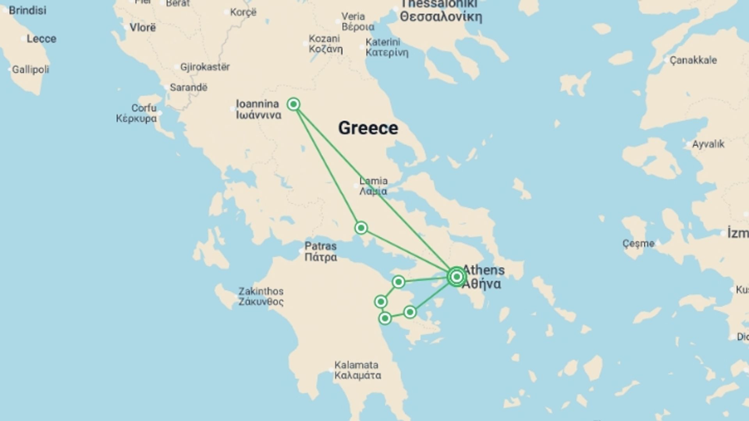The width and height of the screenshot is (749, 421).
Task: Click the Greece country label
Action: pos(368,128)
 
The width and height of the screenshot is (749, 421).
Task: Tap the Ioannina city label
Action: pos(258,109)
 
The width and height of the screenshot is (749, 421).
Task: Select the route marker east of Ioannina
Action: pos(293,104)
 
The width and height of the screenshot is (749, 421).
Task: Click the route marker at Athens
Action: pos(456,277)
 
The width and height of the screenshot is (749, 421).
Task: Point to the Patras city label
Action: pos(320,251)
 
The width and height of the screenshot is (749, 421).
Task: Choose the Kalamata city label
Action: pos(357,370)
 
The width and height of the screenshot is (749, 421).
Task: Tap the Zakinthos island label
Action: pos(261,296)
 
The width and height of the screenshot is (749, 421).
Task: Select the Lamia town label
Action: pos(373,186)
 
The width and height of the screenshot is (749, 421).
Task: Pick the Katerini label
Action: pos(386,47)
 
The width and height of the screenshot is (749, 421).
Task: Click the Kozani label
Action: pos(325,44)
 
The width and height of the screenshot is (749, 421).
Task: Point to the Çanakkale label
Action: pos(693,60)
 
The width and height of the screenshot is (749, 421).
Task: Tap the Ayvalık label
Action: pos(708,144)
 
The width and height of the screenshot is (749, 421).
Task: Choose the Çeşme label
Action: pos(638,244)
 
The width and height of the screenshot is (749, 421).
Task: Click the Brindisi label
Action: pos(27,11)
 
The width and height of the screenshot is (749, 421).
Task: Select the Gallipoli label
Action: pos(30,70)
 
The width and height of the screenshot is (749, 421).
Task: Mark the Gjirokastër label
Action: pos(204,67)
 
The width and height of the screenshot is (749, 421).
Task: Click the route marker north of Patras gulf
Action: pos(361,228)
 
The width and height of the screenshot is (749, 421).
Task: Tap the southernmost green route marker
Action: pos(385,318)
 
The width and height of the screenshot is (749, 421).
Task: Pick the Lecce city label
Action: pos(41,39)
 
